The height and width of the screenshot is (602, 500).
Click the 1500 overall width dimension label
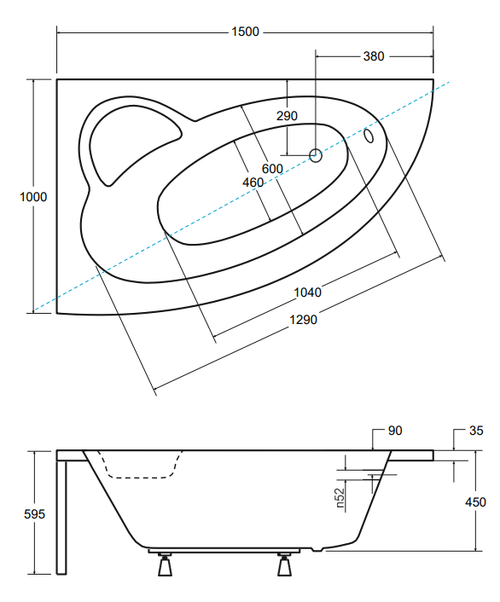tap(245, 32)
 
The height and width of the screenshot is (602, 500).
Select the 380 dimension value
tap(374, 56)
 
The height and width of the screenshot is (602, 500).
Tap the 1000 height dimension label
tap(33, 197)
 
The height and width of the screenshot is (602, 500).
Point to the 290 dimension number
tap(287, 116)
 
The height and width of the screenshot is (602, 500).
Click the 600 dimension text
tap(272, 169)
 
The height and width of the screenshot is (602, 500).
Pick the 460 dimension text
tap(253, 182)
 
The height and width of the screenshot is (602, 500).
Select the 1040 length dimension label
tap(307, 292)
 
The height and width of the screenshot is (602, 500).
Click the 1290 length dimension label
tap(303, 320)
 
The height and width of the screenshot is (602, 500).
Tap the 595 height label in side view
tap(35, 514)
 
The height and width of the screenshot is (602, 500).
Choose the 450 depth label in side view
tap(475, 502)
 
